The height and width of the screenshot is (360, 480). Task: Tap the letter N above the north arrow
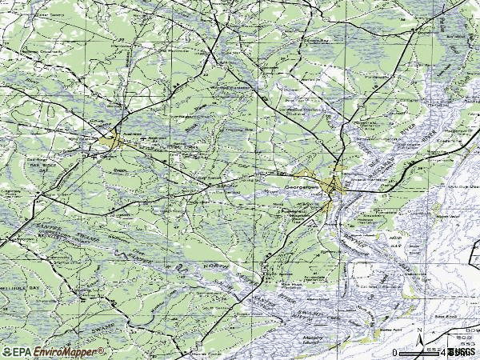[420, 329]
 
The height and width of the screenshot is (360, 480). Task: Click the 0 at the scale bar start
[395, 352]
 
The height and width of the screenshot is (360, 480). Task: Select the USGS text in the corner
[462, 352]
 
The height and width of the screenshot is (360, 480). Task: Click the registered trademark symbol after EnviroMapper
[102, 349]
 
